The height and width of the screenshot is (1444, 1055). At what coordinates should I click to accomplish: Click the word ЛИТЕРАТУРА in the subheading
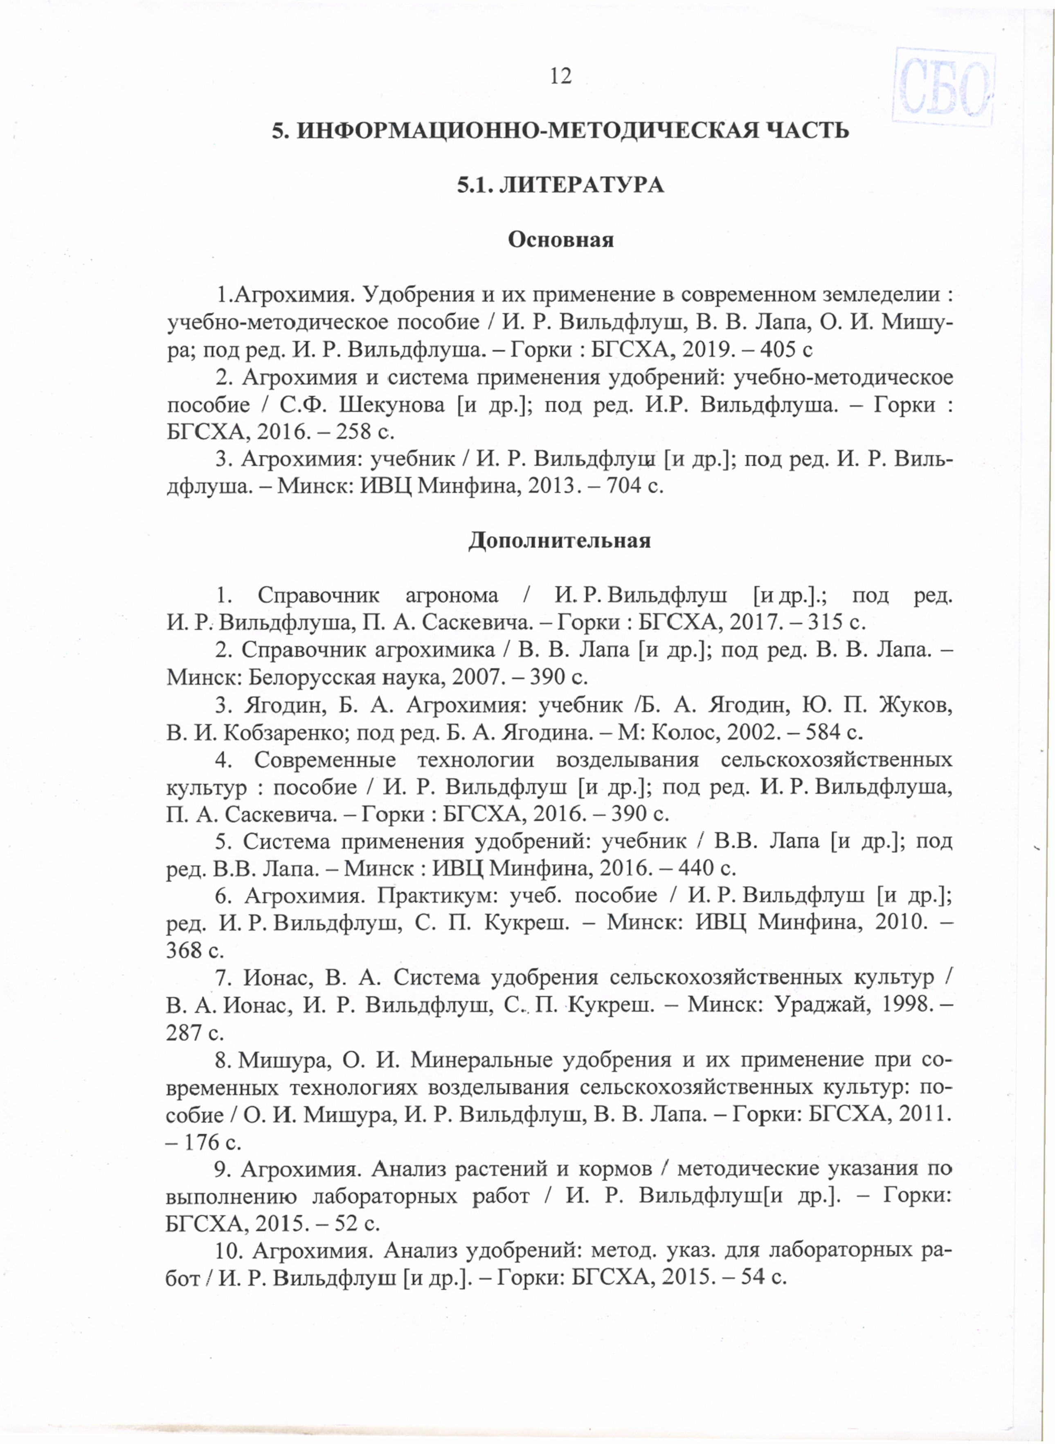point(580,185)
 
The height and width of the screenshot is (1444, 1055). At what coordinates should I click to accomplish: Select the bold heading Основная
point(560,240)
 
